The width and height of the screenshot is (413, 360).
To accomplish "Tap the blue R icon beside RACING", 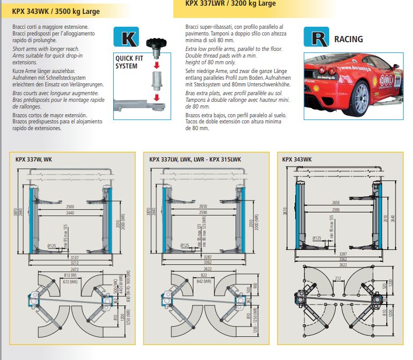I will pyautogui.click(x=315, y=39).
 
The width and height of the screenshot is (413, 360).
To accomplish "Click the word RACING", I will pyautogui.click(x=349, y=39).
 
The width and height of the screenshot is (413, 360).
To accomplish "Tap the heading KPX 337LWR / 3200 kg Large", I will pyautogui.click(x=230, y=3).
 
